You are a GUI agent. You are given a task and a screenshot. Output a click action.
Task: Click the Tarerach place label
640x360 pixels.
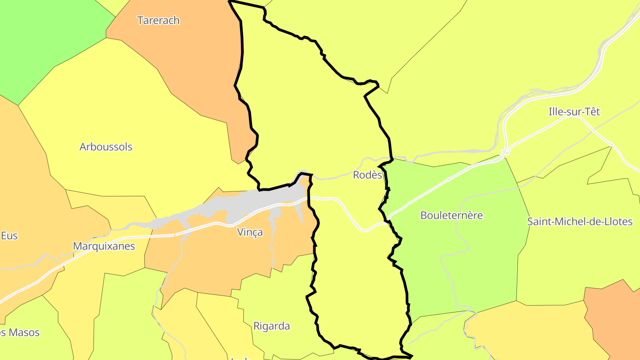point(158,20)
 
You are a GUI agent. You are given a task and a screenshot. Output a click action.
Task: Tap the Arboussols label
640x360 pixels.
point(106,147)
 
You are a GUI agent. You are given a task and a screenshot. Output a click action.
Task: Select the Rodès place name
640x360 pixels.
point(367,175)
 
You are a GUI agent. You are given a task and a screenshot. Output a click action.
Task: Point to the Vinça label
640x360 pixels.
point(249,232)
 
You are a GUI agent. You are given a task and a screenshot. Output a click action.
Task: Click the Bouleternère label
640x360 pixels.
point(452,216)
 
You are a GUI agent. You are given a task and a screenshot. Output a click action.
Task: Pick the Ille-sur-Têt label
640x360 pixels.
point(574,112)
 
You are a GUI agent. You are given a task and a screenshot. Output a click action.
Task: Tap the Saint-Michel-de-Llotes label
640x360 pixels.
point(580,221)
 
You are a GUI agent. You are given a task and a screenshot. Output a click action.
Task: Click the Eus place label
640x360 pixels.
point(9,236)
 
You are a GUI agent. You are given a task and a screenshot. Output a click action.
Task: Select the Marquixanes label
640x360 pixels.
point(104,246)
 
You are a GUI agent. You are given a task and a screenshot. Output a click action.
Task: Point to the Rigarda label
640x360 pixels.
point(272,326)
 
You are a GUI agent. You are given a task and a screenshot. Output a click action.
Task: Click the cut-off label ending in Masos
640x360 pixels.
point(20,332)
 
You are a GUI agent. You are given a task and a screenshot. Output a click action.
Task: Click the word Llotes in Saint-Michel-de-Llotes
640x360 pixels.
point(617,221)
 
